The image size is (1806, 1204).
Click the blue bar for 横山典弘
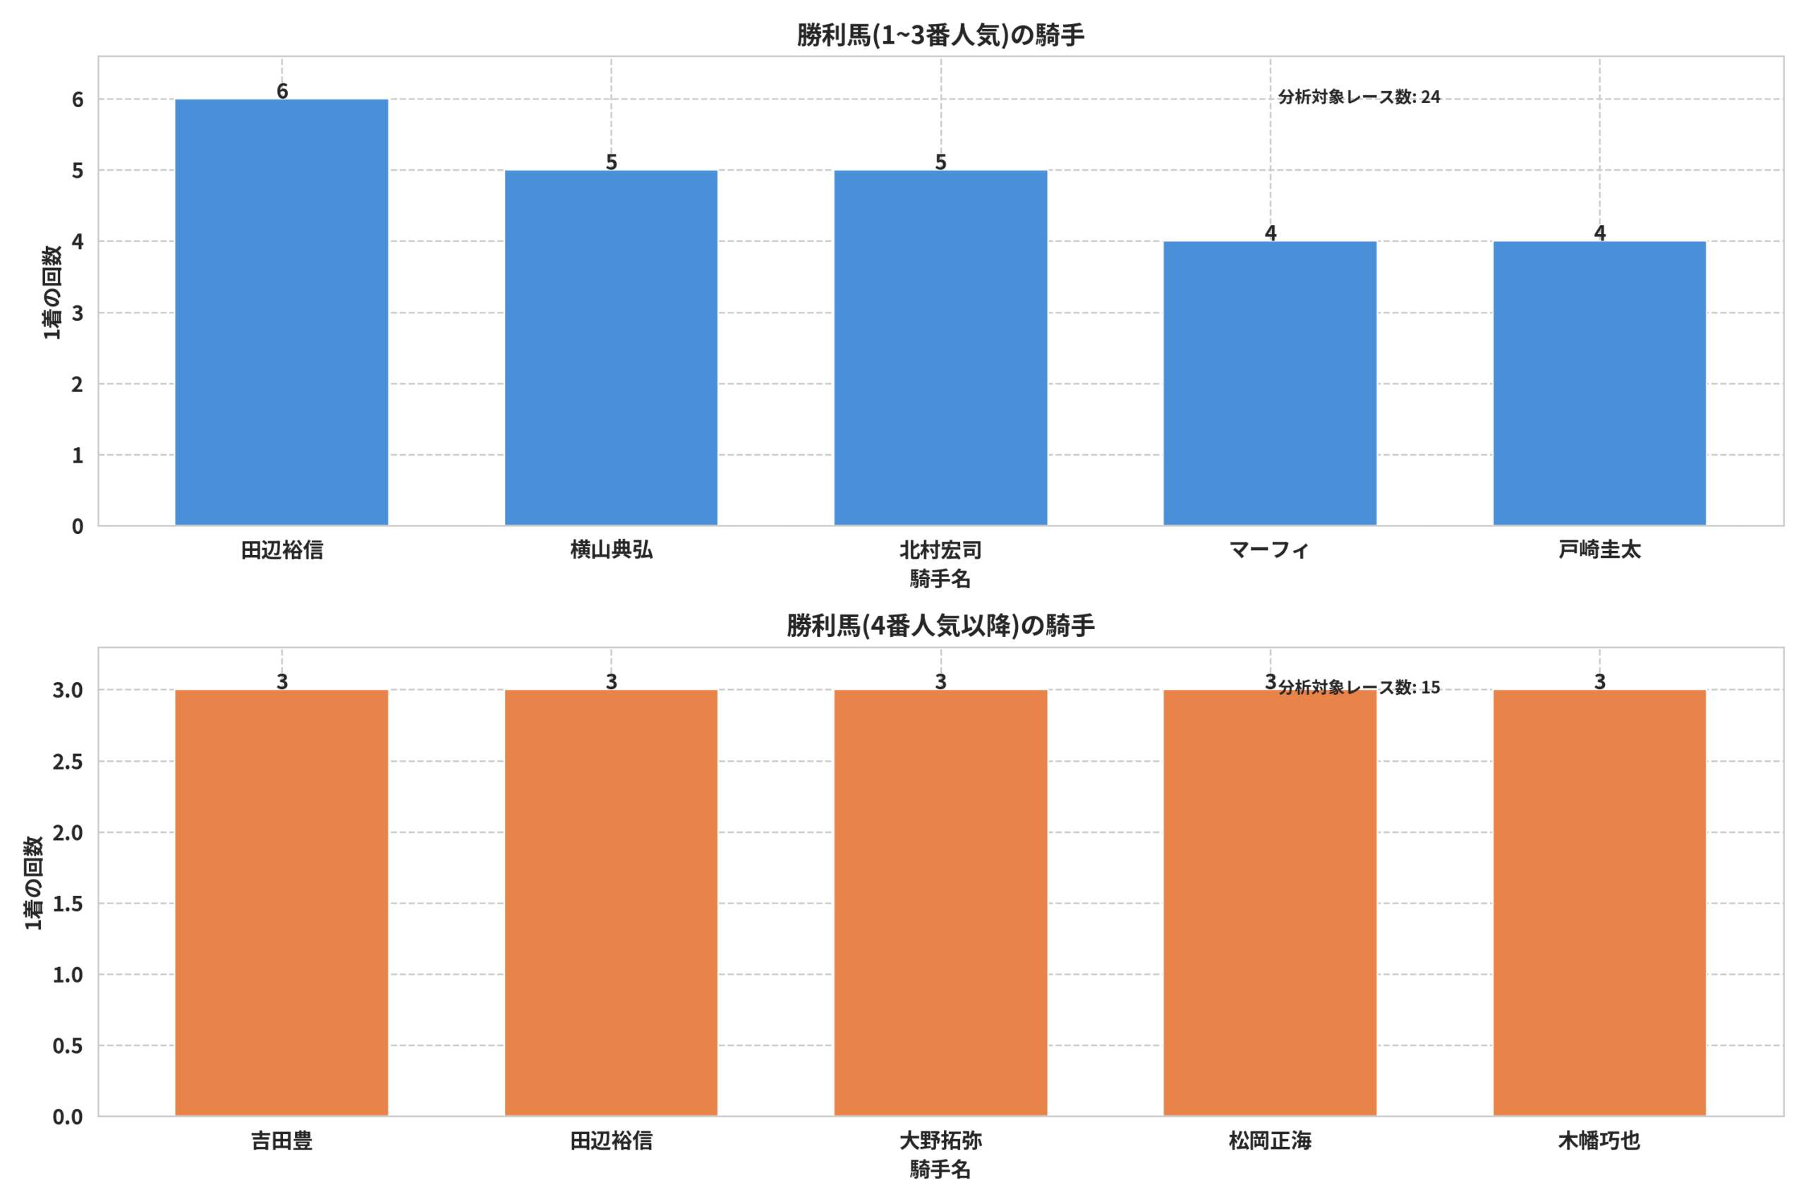(611, 348)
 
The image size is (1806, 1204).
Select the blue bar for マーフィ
(1270, 383)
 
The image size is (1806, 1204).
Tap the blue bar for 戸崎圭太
(1599, 383)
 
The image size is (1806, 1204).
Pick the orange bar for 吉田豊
(281, 903)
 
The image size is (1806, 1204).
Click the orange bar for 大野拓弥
(940, 903)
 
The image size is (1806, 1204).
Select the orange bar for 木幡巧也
(1599, 903)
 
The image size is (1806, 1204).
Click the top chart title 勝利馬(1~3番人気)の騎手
(940, 35)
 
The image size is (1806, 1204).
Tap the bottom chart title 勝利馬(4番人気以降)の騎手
(940, 626)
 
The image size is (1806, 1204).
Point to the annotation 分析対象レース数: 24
(1359, 97)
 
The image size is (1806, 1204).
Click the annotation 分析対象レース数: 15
(1359, 687)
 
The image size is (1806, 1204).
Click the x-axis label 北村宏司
(940, 549)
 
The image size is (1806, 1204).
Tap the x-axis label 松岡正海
(1270, 1141)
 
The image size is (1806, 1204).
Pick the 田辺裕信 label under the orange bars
(611, 1141)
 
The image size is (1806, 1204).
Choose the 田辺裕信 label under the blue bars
(281, 549)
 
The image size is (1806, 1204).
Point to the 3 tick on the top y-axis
(78, 313)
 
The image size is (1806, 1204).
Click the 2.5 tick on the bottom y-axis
(68, 762)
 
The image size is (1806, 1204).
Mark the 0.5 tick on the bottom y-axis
(68, 1046)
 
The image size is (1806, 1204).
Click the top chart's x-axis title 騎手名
(940, 579)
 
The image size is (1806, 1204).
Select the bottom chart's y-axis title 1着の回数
(34, 883)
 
